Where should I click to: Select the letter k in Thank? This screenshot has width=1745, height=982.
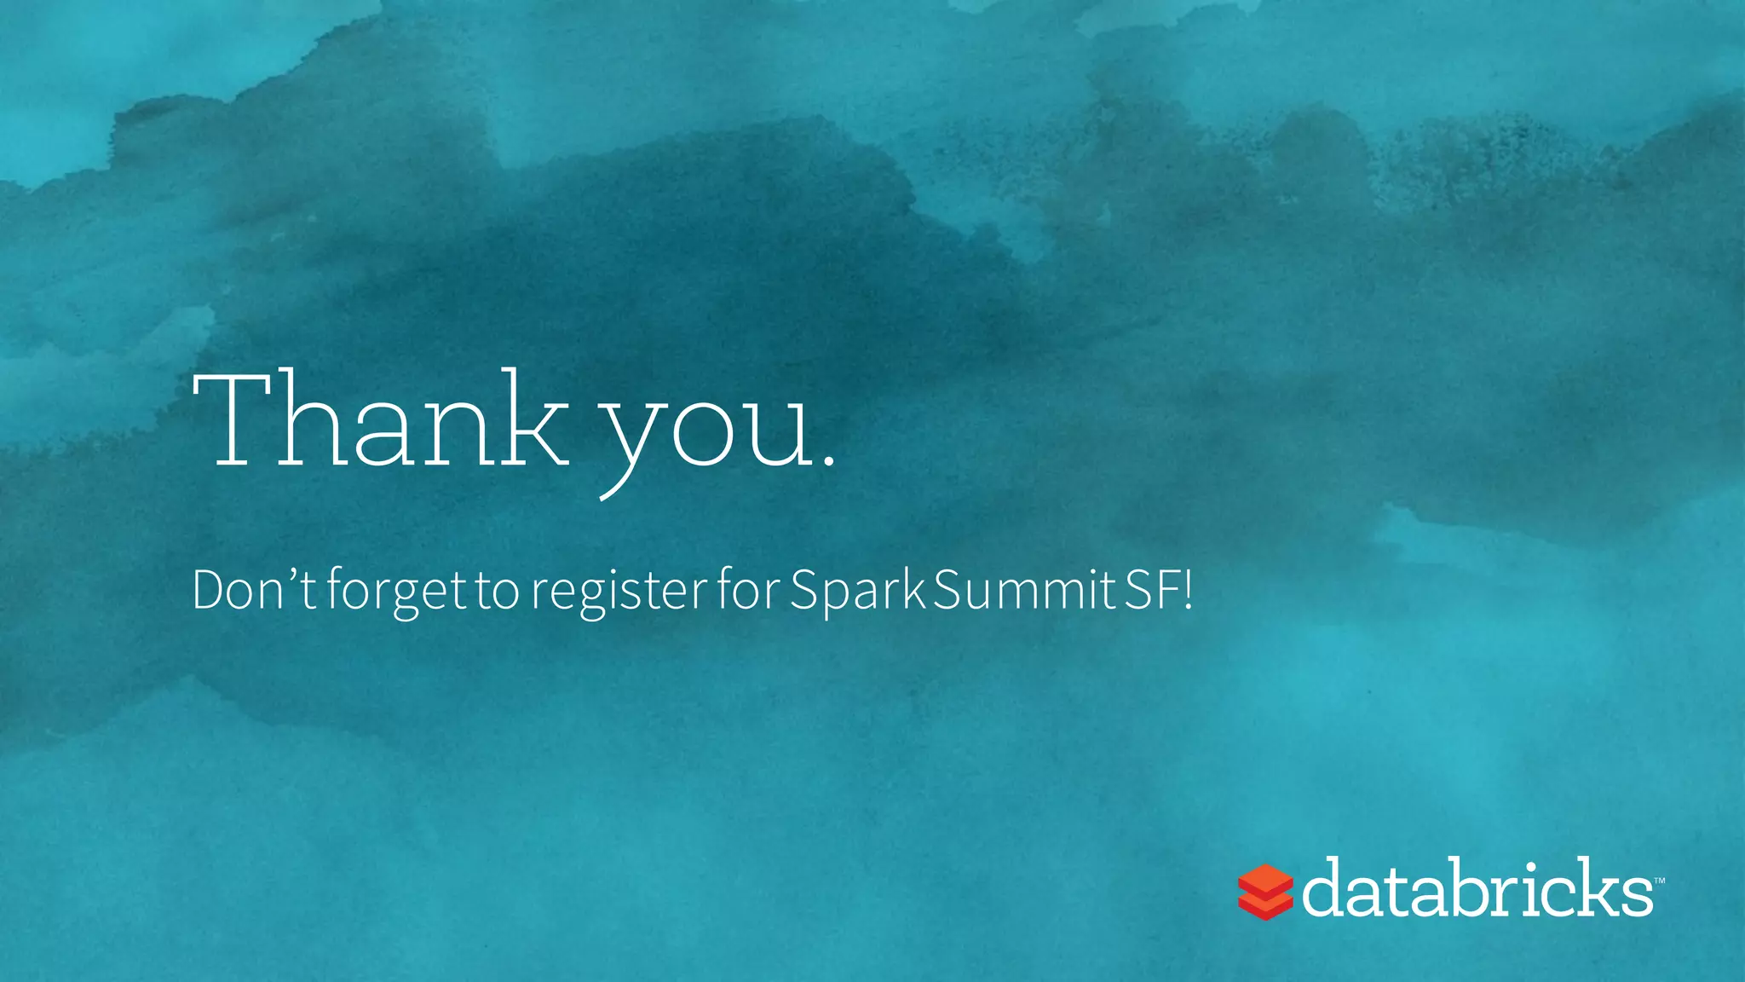[533, 419]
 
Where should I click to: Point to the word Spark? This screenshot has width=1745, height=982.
[857, 592]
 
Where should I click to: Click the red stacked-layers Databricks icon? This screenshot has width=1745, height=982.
[1265, 892]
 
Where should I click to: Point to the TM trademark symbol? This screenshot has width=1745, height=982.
[1659, 880]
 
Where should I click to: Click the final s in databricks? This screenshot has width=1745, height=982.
[1635, 897]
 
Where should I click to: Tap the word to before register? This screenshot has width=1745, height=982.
[498, 592]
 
